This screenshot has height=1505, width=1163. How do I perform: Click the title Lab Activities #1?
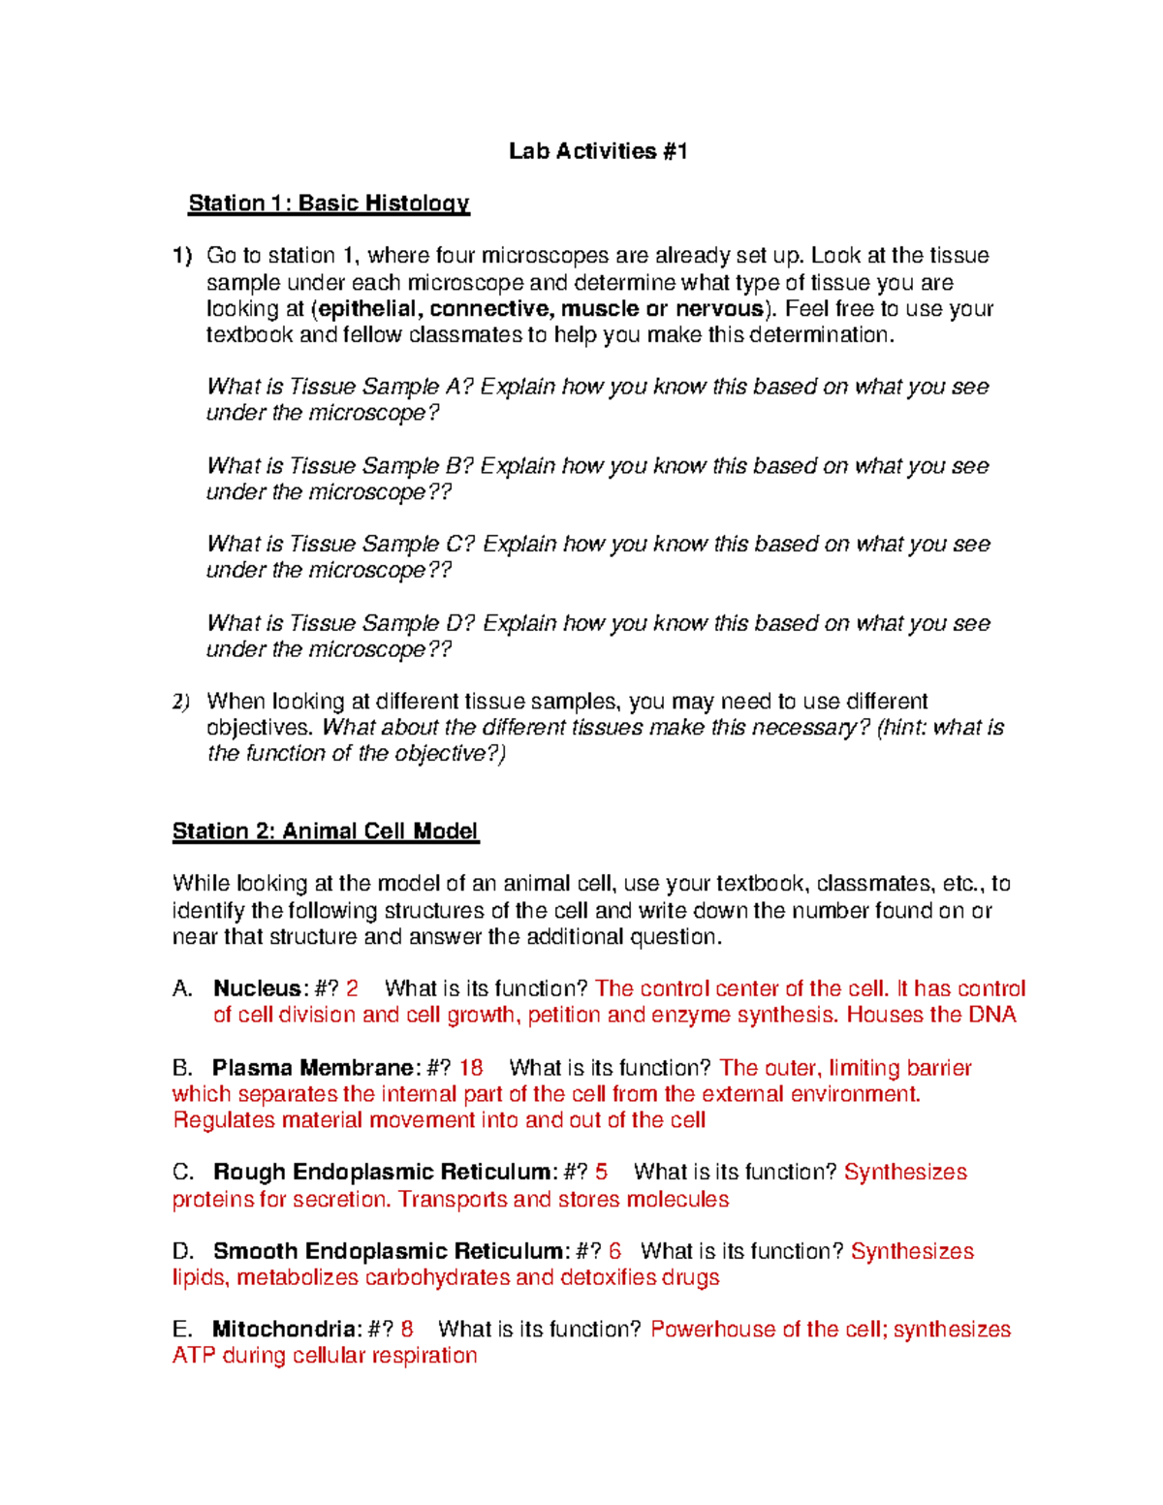pyautogui.click(x=598, y=151)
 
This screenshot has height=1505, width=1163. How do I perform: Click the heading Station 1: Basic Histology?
pyautogui.click(x=329, y=204)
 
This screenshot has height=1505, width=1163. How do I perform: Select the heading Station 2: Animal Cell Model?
pyautogui.click(x=325, y=831)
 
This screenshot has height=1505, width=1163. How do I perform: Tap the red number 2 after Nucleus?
pyautogui.click(x=352, y=988)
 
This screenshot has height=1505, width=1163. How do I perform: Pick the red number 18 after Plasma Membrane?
pyautogui.click(x=471, y=1068)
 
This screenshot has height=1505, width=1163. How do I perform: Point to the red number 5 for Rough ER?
pyautogui.click(x=602, y=1173)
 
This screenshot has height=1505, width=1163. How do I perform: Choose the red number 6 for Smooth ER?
pyautogui.click(x=615, y=1251)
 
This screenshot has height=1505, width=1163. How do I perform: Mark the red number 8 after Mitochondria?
pyautogui.click(x=407, y=1330)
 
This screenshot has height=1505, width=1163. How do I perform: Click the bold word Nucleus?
pyautogui.click(x=257, y=988)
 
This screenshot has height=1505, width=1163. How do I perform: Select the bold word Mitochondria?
pyautogui.click(x=286, y=1330)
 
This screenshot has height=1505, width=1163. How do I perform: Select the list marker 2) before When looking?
pyautogui.click(x=181, y=702)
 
